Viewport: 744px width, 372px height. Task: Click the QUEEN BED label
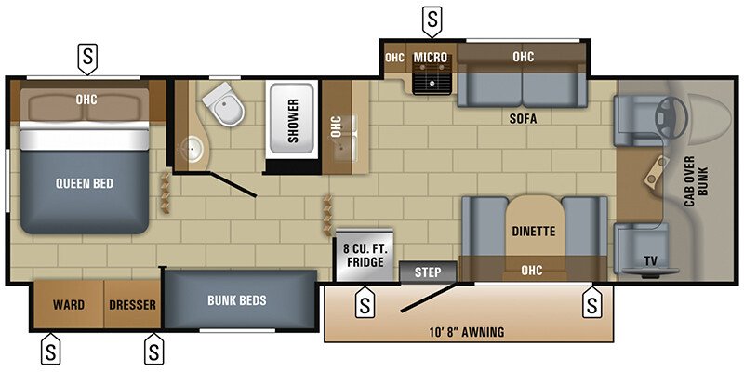click(x=84, y=183)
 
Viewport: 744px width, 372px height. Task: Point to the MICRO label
click(x=431, y=58)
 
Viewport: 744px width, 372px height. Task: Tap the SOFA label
click(x=524, y=118)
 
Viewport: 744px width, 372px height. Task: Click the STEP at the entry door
click(x=428, y=272)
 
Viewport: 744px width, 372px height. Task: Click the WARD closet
click(x=69, y=304)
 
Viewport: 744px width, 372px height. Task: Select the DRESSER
click(x=132, y=304)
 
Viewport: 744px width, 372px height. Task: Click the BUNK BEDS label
click(x=237, y=300)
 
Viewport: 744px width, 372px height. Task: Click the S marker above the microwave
click(x=432, y=18)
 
